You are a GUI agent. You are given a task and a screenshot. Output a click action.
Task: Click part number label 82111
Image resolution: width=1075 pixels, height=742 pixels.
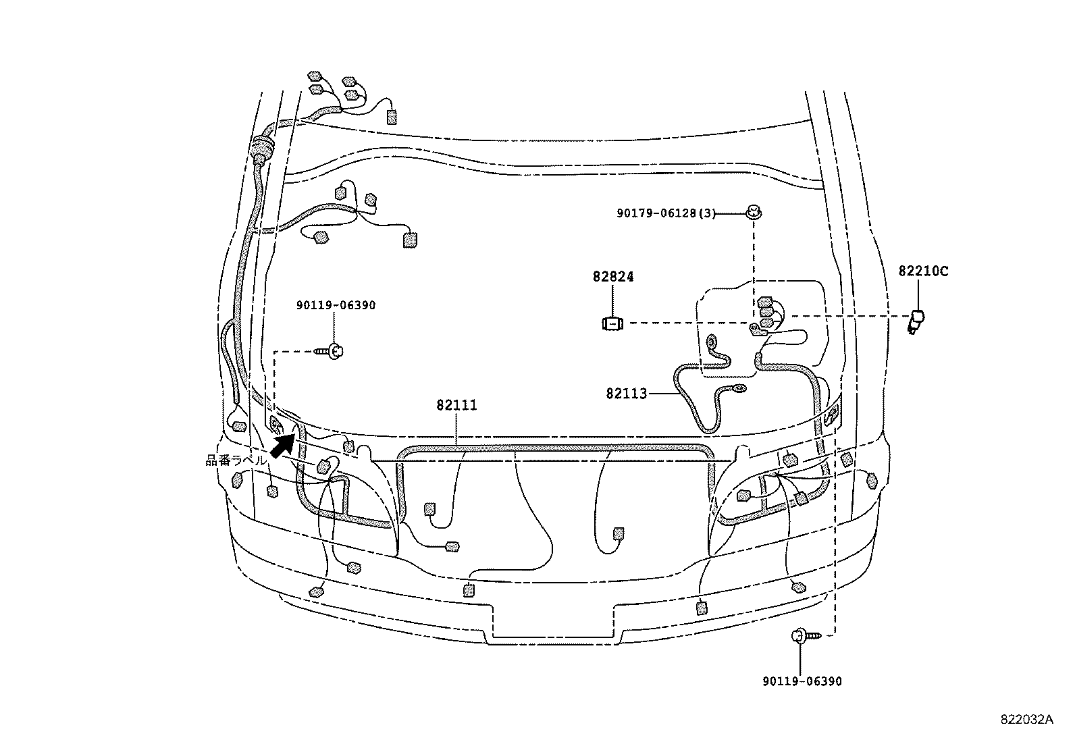coord(456,405)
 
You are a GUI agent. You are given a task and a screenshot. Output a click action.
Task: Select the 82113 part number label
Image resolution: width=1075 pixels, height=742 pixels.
coord(626,393)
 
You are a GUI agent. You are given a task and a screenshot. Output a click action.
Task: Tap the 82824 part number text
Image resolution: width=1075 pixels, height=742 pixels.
coord(613,277)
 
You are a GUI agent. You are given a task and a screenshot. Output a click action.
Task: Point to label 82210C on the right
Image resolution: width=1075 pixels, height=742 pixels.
coord(923,271)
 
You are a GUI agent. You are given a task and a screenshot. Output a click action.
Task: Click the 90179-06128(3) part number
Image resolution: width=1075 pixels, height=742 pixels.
coord(666,213)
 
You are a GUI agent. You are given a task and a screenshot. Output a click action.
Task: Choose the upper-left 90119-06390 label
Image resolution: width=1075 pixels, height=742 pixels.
coord(336,305)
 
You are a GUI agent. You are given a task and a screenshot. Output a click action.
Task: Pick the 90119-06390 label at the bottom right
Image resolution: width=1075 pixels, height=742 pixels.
coord(801,681)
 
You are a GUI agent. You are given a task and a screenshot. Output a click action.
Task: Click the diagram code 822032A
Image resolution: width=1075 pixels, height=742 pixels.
coord(1026,719)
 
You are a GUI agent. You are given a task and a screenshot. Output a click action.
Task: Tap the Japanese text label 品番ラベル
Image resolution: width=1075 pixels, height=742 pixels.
coord(236,460)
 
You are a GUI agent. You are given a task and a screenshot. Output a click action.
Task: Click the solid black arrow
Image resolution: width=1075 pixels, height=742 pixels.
coord(283,445)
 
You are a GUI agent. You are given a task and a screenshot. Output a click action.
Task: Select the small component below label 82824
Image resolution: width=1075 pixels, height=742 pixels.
coord(612,324)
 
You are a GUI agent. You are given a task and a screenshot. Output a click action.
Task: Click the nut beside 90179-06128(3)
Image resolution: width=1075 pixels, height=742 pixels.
coord(752,213)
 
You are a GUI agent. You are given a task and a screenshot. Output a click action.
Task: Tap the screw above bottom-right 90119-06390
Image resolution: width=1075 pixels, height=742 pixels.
coord(802,635)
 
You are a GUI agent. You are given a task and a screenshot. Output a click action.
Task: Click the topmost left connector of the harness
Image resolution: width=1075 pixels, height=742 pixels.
coord(315,76)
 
